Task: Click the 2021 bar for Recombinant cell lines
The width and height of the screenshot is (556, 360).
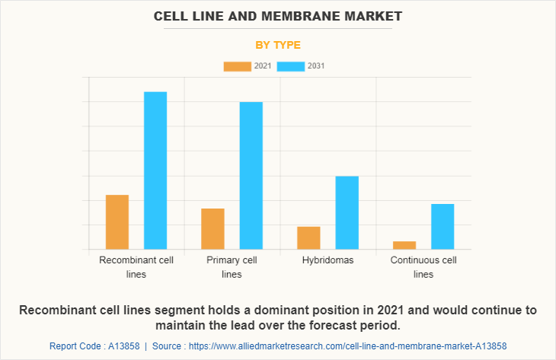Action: tap(117, 222)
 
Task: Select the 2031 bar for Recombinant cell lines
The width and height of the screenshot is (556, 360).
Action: tap(155, 170)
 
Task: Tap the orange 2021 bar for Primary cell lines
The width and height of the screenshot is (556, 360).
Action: tap(213, 229)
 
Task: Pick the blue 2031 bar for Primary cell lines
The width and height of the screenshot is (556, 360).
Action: tap(251, 176)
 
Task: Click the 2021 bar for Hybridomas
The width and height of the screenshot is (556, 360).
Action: tap(308, 238)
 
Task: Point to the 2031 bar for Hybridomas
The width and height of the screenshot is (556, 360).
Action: tap(347, 213)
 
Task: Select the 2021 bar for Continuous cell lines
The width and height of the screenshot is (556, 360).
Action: tap(404, 245)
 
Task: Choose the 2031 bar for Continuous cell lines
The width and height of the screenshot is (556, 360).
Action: tap(443, 227)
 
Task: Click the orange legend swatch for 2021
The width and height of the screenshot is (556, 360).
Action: tap(237, 66)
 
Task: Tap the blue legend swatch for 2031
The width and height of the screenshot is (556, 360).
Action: tap(290, 66)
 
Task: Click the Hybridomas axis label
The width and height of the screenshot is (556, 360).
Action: tap(328, 260)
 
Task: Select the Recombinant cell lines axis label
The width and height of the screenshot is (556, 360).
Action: tap(136, 267)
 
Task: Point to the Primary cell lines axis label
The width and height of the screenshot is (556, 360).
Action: tap(232, 267)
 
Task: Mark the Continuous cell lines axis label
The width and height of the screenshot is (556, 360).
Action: tap(423, 267)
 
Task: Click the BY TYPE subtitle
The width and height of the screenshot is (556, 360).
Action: tap(278, 45)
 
